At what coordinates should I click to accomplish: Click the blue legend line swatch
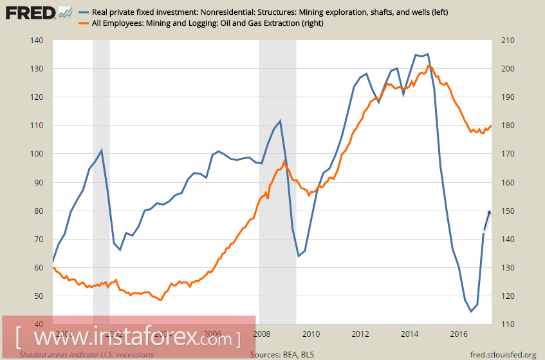[x=85, y=12]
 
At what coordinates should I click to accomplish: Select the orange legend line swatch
[x=85, y=23]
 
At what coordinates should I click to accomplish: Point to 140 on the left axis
[x=36, y=41]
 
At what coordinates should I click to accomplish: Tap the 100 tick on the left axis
[x=36, y=154]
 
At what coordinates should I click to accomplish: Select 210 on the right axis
[x=499, y=41]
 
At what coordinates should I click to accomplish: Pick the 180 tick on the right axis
[x=499, y=126]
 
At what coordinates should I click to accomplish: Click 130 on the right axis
[x=499, y=267]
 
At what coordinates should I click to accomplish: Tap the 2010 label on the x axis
[x=311, y=334]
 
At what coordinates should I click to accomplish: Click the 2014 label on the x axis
[x=410, y=334]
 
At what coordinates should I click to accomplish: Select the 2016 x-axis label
[x=459, y=334]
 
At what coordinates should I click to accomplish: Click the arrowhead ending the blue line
[x=490, y=211]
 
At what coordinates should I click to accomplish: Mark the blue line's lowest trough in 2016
[x=470, y=312]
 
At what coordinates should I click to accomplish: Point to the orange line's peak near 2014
[x=429, y=66]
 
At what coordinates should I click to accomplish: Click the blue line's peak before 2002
[x=102, y=150]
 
